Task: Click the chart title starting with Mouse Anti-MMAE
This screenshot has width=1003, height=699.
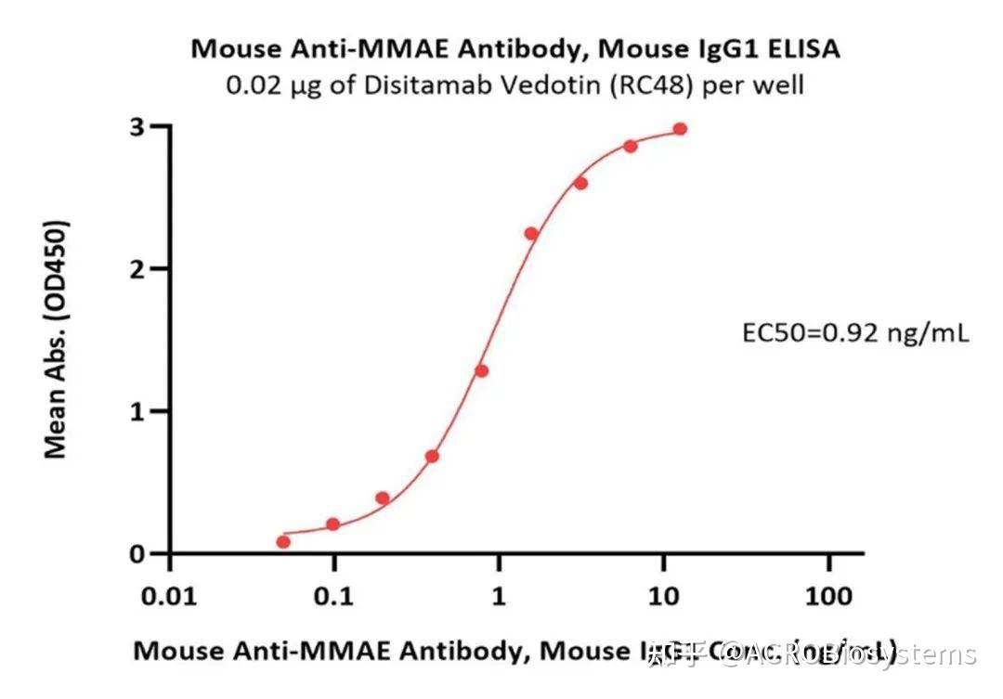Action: point(515,49)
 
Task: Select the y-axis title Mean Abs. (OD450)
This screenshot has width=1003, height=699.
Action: point(57,339)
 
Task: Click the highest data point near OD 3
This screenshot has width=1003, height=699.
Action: point(680,129)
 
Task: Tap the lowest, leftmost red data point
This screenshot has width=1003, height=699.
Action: point(283,542)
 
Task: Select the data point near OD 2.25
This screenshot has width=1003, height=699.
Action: point(531,234)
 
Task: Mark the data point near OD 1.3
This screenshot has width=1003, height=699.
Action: point(481,371)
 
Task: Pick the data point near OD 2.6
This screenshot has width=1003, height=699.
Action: point(580,183)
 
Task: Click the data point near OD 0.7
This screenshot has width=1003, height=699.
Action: point(432,457)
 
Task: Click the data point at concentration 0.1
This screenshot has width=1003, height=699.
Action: point(332,524)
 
